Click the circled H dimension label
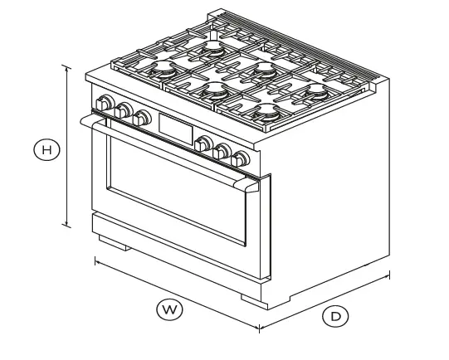coord(47,151)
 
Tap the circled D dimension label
coord(335,315)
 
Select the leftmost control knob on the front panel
coord(105,103)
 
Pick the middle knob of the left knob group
coord(124,109)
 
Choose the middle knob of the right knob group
coord(222,150)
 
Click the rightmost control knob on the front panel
coord(241,158)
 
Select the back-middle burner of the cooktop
coord(265,66)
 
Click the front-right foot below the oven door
coord(251,298)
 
